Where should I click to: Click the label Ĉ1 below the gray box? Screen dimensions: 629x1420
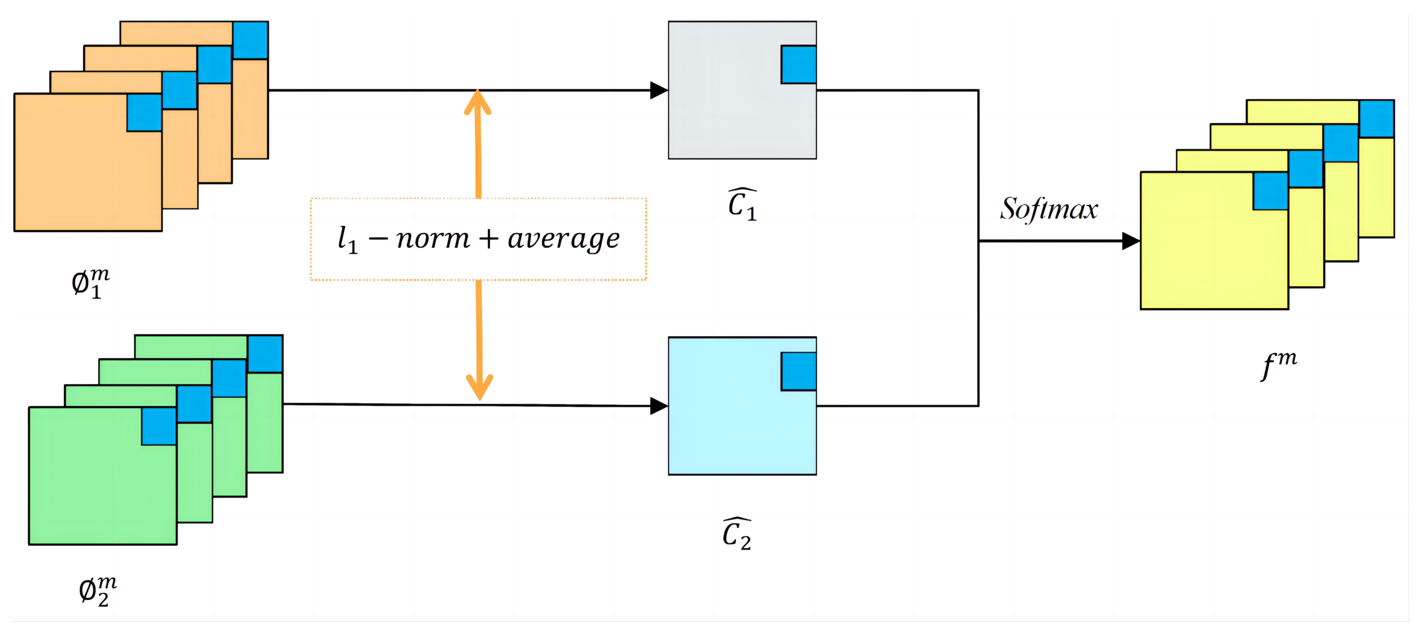pos(742,204)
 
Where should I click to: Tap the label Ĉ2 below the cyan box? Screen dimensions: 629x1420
pos(737,534)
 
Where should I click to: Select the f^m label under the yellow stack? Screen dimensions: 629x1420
pos(1279,364)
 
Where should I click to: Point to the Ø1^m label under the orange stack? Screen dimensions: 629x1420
pos(90,283)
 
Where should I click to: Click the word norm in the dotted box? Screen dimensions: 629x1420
pos(433,239)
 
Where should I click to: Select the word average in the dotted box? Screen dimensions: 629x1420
pos(563,239)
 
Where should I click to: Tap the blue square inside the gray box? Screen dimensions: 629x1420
pos(799,64)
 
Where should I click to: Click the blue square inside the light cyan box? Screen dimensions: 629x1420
pos(799,372)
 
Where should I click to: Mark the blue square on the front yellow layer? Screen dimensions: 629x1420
pos(1271,191)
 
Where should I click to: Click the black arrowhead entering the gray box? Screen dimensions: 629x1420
pos(659,90)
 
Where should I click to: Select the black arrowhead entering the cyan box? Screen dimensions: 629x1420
pos(659,406)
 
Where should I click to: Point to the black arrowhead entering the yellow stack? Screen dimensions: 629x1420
pos(1131,241)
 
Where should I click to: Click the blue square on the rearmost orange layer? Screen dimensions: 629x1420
pos(250,40)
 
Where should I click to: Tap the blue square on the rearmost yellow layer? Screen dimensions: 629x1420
pos(1376,119)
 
